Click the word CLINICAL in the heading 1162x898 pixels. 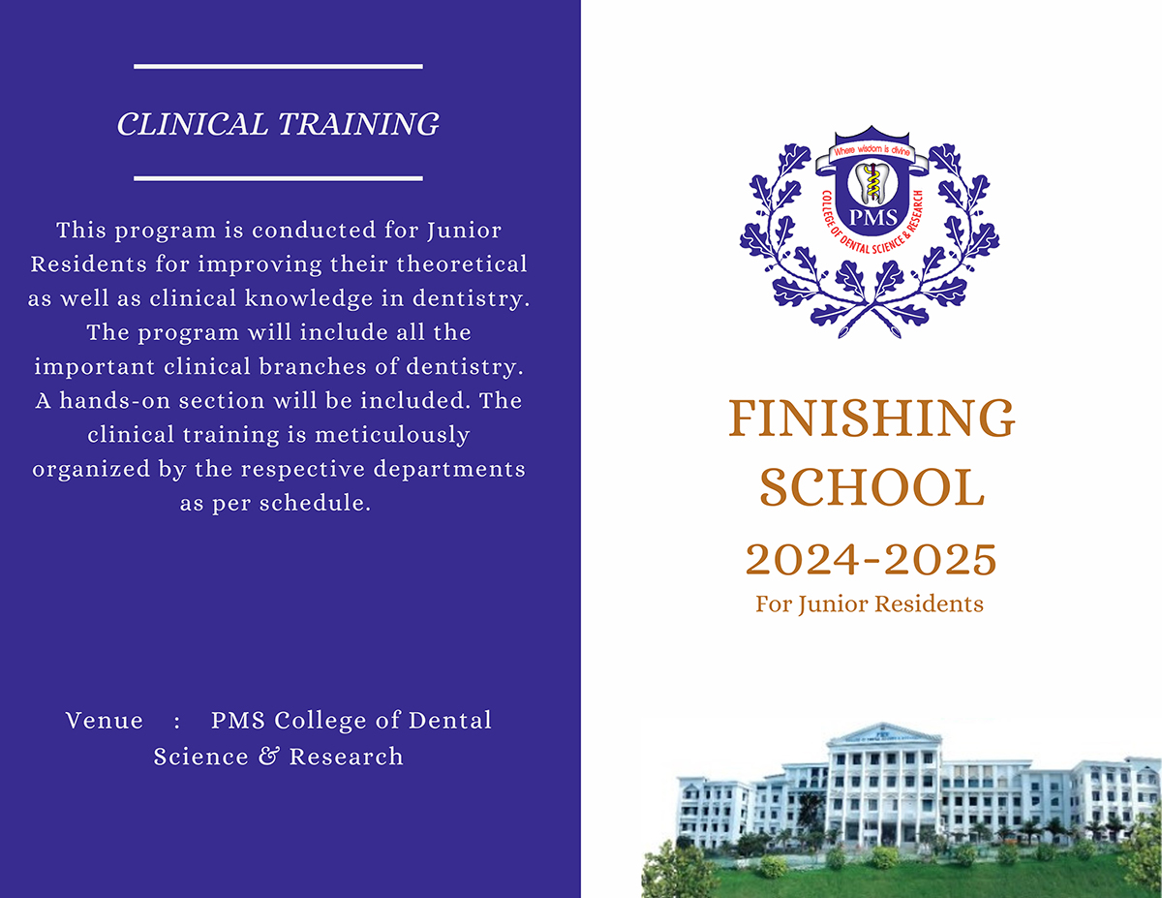click(192, 124)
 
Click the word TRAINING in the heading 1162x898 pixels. click(358, 124)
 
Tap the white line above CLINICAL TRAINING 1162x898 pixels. click(278, 66)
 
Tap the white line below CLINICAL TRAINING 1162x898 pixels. click(278, 178)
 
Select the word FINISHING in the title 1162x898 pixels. click(871, 418)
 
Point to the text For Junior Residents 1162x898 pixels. click(870, 604)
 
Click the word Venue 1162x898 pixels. click(105, 721)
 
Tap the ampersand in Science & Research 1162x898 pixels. click(269, 757)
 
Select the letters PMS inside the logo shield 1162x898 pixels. click(873, 217)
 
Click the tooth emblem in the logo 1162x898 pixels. click(872, 183)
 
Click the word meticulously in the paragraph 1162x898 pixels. click(392, 435)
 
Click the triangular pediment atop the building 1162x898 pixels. click(883, 733)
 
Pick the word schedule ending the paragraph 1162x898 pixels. click(315, 503)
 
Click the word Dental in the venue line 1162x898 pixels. click(450, 721)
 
